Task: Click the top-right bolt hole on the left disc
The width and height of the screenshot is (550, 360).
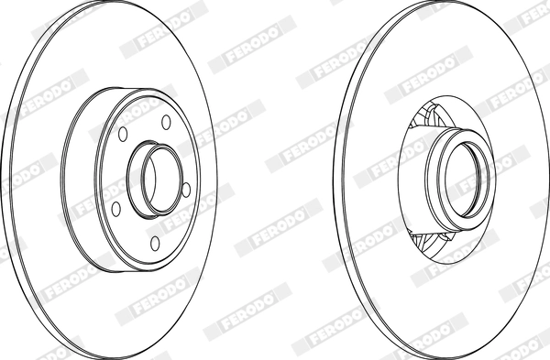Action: coord(166,122)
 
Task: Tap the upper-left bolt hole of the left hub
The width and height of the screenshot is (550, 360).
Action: coord(123,134)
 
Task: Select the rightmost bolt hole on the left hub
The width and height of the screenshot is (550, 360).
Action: coord(186,190)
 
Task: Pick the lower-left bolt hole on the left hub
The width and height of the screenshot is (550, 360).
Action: coord(115,209)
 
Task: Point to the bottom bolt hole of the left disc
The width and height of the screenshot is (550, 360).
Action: coord(155,244)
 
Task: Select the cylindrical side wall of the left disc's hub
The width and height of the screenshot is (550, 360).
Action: coord(79,179)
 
